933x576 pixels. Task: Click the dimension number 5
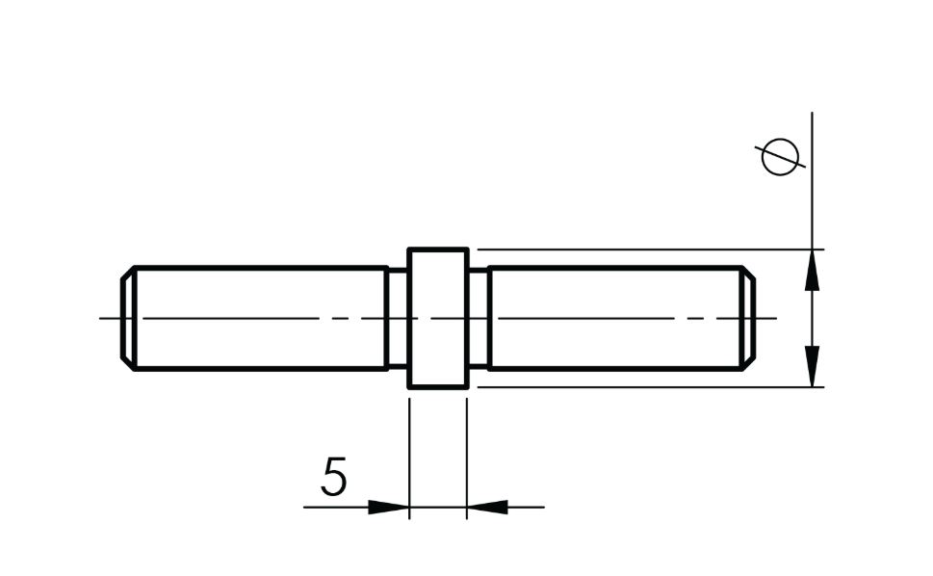[333, 477]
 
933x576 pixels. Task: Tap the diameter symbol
[780, 156]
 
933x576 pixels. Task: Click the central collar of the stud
[438, 318]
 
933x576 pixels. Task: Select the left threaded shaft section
[260, 318]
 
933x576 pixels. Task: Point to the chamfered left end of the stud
[127, 318]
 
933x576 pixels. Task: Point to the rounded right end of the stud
[748, 318]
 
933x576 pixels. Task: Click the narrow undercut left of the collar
[397, 318]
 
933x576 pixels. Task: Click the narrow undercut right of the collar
[479, 318]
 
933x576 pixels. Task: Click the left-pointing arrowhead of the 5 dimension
[486, 507]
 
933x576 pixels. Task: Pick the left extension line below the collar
[409, 453]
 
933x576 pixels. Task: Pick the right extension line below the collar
[467, 453]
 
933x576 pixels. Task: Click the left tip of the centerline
[101, 318]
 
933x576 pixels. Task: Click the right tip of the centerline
[775, 318]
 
